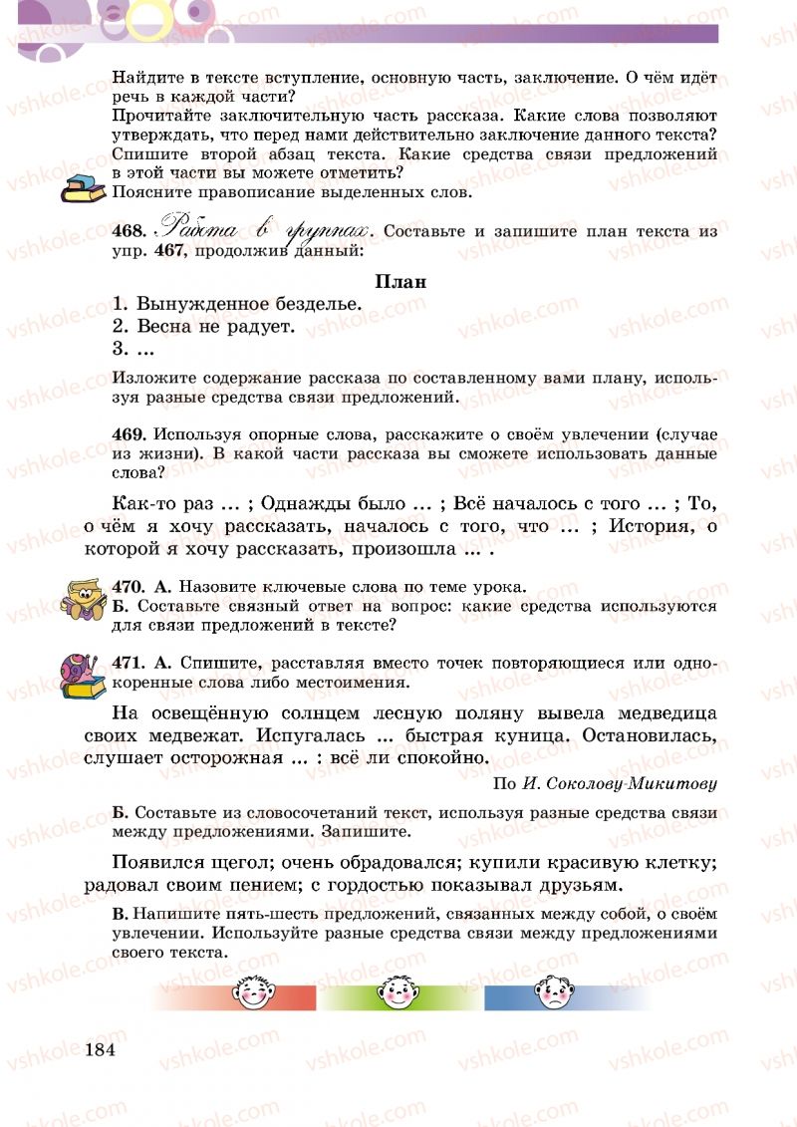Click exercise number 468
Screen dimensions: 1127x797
130,231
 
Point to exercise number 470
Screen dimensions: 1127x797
130,586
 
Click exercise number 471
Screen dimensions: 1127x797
130,664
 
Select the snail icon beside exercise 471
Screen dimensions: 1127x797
83,674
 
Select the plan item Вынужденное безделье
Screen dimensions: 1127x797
249,304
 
